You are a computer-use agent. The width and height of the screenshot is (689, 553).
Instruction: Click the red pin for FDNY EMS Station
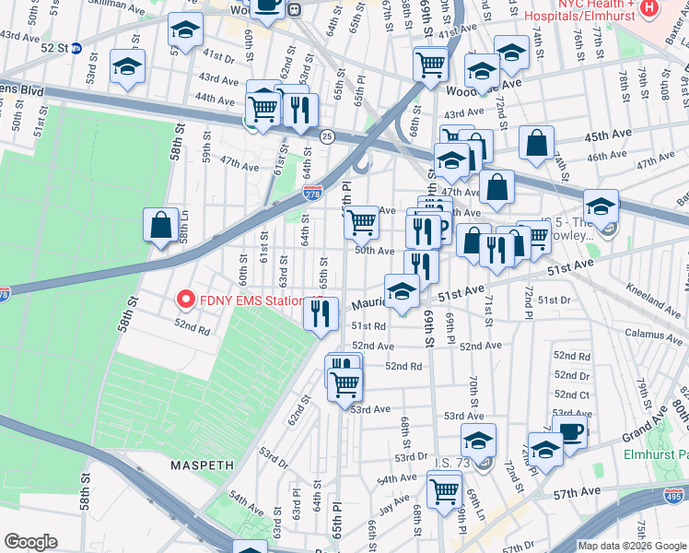coord(185,300)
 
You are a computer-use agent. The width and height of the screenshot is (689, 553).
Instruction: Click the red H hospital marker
coord(650,7)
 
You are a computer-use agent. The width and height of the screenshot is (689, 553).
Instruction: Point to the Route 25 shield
coord(326,136)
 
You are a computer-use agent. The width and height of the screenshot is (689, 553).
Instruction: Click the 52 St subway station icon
coord(77,49)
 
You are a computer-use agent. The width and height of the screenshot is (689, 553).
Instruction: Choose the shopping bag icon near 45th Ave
coord(536,144)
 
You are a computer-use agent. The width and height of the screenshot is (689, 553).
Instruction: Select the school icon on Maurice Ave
coord(402,291)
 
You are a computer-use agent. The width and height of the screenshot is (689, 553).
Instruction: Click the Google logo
coord(30,542)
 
